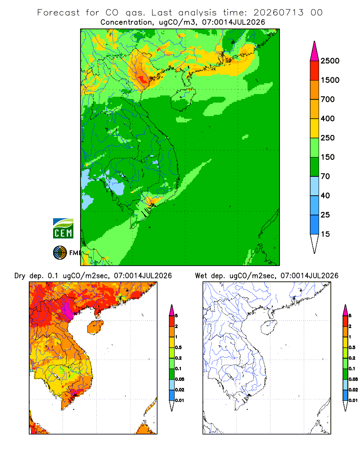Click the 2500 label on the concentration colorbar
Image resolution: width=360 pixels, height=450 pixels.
coord(330,61)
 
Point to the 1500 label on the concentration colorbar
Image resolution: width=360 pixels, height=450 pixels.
coord(330,80)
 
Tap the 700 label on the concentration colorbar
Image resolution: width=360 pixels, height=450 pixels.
coord(328,99)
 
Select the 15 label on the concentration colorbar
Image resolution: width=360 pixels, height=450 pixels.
coord(325,234)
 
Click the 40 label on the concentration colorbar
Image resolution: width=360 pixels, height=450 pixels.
coord(325,196)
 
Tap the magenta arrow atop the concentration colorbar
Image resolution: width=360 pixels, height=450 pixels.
coord(315,51)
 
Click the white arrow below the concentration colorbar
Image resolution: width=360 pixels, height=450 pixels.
coord(315,243)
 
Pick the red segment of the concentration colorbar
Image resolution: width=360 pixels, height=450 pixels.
coord(315,71)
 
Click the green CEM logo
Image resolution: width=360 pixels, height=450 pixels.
coord(63,229)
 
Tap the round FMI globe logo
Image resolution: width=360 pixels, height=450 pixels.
coord(60,253)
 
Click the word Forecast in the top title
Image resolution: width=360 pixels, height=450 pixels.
coord(58,13)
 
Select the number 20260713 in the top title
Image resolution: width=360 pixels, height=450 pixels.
coord(278,13)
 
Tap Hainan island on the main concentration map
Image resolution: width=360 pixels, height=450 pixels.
coord(183,99)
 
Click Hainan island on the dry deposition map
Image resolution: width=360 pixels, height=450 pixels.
coord(95,327)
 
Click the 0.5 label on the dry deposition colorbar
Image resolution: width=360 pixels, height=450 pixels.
coord(178,347)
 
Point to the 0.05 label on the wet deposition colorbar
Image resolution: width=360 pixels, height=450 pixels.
coord(353,379)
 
